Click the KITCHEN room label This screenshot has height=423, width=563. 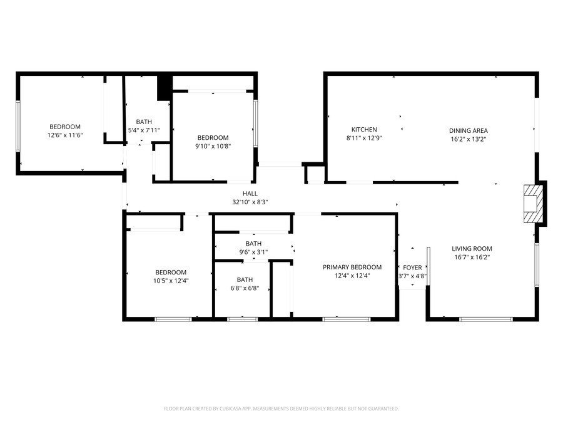click(363, 130)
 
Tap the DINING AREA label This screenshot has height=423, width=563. click(468, 130)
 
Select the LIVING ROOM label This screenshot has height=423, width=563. click(472, 248)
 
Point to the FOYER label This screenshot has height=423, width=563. click(412, 268)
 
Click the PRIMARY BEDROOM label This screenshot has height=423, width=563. click(352, 267)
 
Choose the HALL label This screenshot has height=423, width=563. click(250, 194)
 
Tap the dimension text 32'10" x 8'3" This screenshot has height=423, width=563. click(250, 202)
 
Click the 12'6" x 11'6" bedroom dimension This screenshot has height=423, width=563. click(65, 135)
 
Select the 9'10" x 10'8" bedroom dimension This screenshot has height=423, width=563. click(213, 146)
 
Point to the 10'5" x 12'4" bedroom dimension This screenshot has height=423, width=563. click(171, 281)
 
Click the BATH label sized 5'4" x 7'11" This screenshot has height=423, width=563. click(144, 122)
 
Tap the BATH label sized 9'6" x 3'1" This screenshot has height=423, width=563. click(253, 244)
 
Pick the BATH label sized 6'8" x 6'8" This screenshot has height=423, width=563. click(245, 279)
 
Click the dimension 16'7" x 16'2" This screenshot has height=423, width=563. click(472, 256)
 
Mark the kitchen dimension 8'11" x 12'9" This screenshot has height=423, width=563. click(363, 138)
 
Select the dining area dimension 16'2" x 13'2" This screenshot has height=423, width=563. click(468, 139)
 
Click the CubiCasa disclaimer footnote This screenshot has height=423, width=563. click(281, 409)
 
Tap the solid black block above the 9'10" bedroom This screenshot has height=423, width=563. click(165, 86)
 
